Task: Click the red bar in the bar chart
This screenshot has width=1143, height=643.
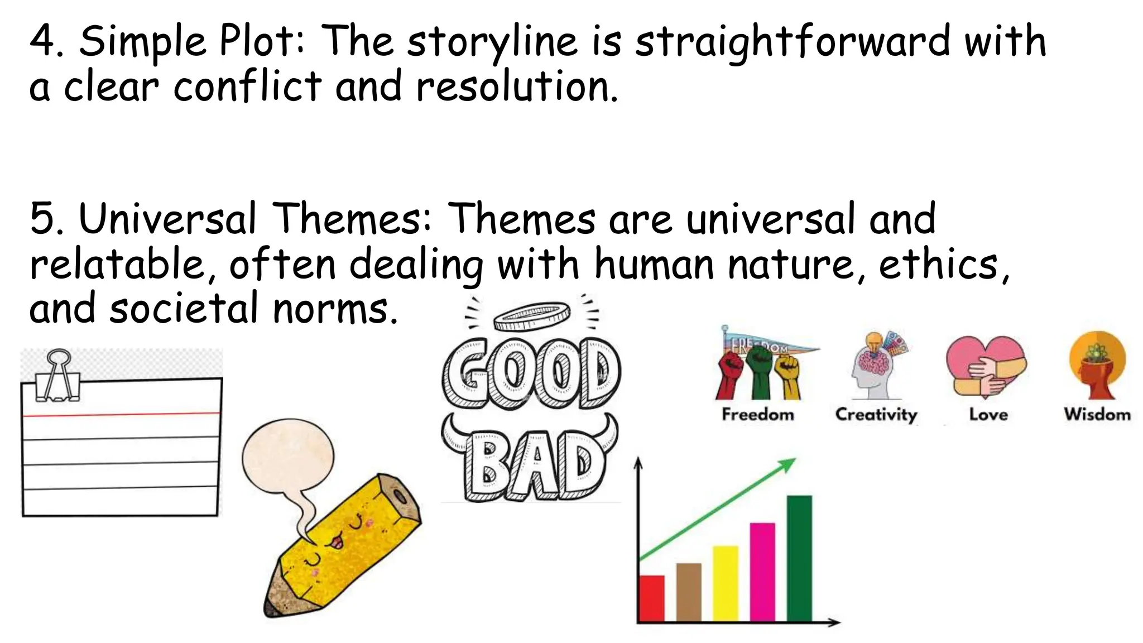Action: tap(651, 598)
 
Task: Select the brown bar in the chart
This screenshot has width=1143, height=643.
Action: tap(689, 592)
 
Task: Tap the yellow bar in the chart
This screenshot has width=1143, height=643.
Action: tap(726, 583)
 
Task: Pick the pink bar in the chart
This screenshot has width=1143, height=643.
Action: tap(762, 572)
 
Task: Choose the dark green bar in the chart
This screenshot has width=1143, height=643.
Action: tap(799, 558)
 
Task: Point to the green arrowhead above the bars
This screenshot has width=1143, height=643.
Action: tap(788, 464)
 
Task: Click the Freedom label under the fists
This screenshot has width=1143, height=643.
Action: tap(757, 414)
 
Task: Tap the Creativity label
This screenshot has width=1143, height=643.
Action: tap(876, 414)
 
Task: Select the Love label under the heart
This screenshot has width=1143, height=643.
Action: tap(988, 414)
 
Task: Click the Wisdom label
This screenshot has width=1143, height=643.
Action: tap(1097, 414)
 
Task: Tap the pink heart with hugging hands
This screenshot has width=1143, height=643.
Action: tap(986, 366)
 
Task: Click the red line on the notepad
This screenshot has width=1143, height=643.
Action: tap(121, 415)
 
